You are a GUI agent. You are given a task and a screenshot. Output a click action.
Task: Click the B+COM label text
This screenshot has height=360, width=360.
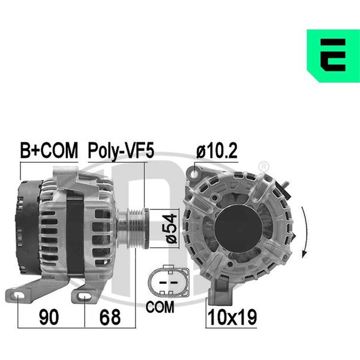pos(49,151)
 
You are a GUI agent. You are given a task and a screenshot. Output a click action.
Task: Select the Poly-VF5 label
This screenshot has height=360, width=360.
pos(121,151)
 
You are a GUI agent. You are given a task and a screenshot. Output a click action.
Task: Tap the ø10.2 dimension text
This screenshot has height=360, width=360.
pos(217,151)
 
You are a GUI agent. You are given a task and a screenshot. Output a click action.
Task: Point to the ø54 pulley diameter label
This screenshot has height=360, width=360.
pos(171,229)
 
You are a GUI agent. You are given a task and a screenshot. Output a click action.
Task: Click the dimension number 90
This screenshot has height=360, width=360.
pos(49,317)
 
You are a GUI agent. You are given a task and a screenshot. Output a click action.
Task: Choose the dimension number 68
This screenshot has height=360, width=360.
pos(110,317)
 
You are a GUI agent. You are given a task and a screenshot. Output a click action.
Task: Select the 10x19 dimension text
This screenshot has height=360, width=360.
pos(232,317)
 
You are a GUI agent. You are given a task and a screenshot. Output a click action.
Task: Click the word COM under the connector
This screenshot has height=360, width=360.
pos(160,307)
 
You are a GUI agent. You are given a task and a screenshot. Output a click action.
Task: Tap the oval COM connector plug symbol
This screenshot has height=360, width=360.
pos(169,281)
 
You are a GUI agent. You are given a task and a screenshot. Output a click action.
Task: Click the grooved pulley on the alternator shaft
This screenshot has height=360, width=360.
pos(136,228)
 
